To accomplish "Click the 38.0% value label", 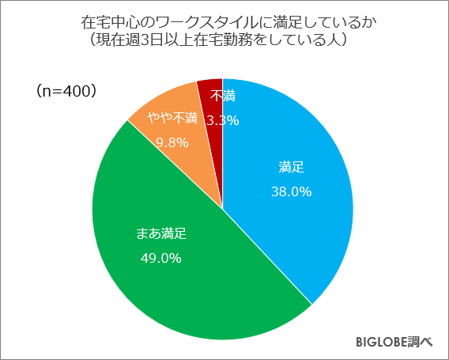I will click(x=292, y=191).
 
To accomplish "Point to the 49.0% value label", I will click(x=161, y=257).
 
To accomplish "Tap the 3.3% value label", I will click(x=222, y=121).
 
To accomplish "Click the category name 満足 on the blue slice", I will click(x=292, y=168).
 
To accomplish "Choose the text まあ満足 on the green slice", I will click(x=161, y=234).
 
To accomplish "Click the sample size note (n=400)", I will click(x=67, y=92).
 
